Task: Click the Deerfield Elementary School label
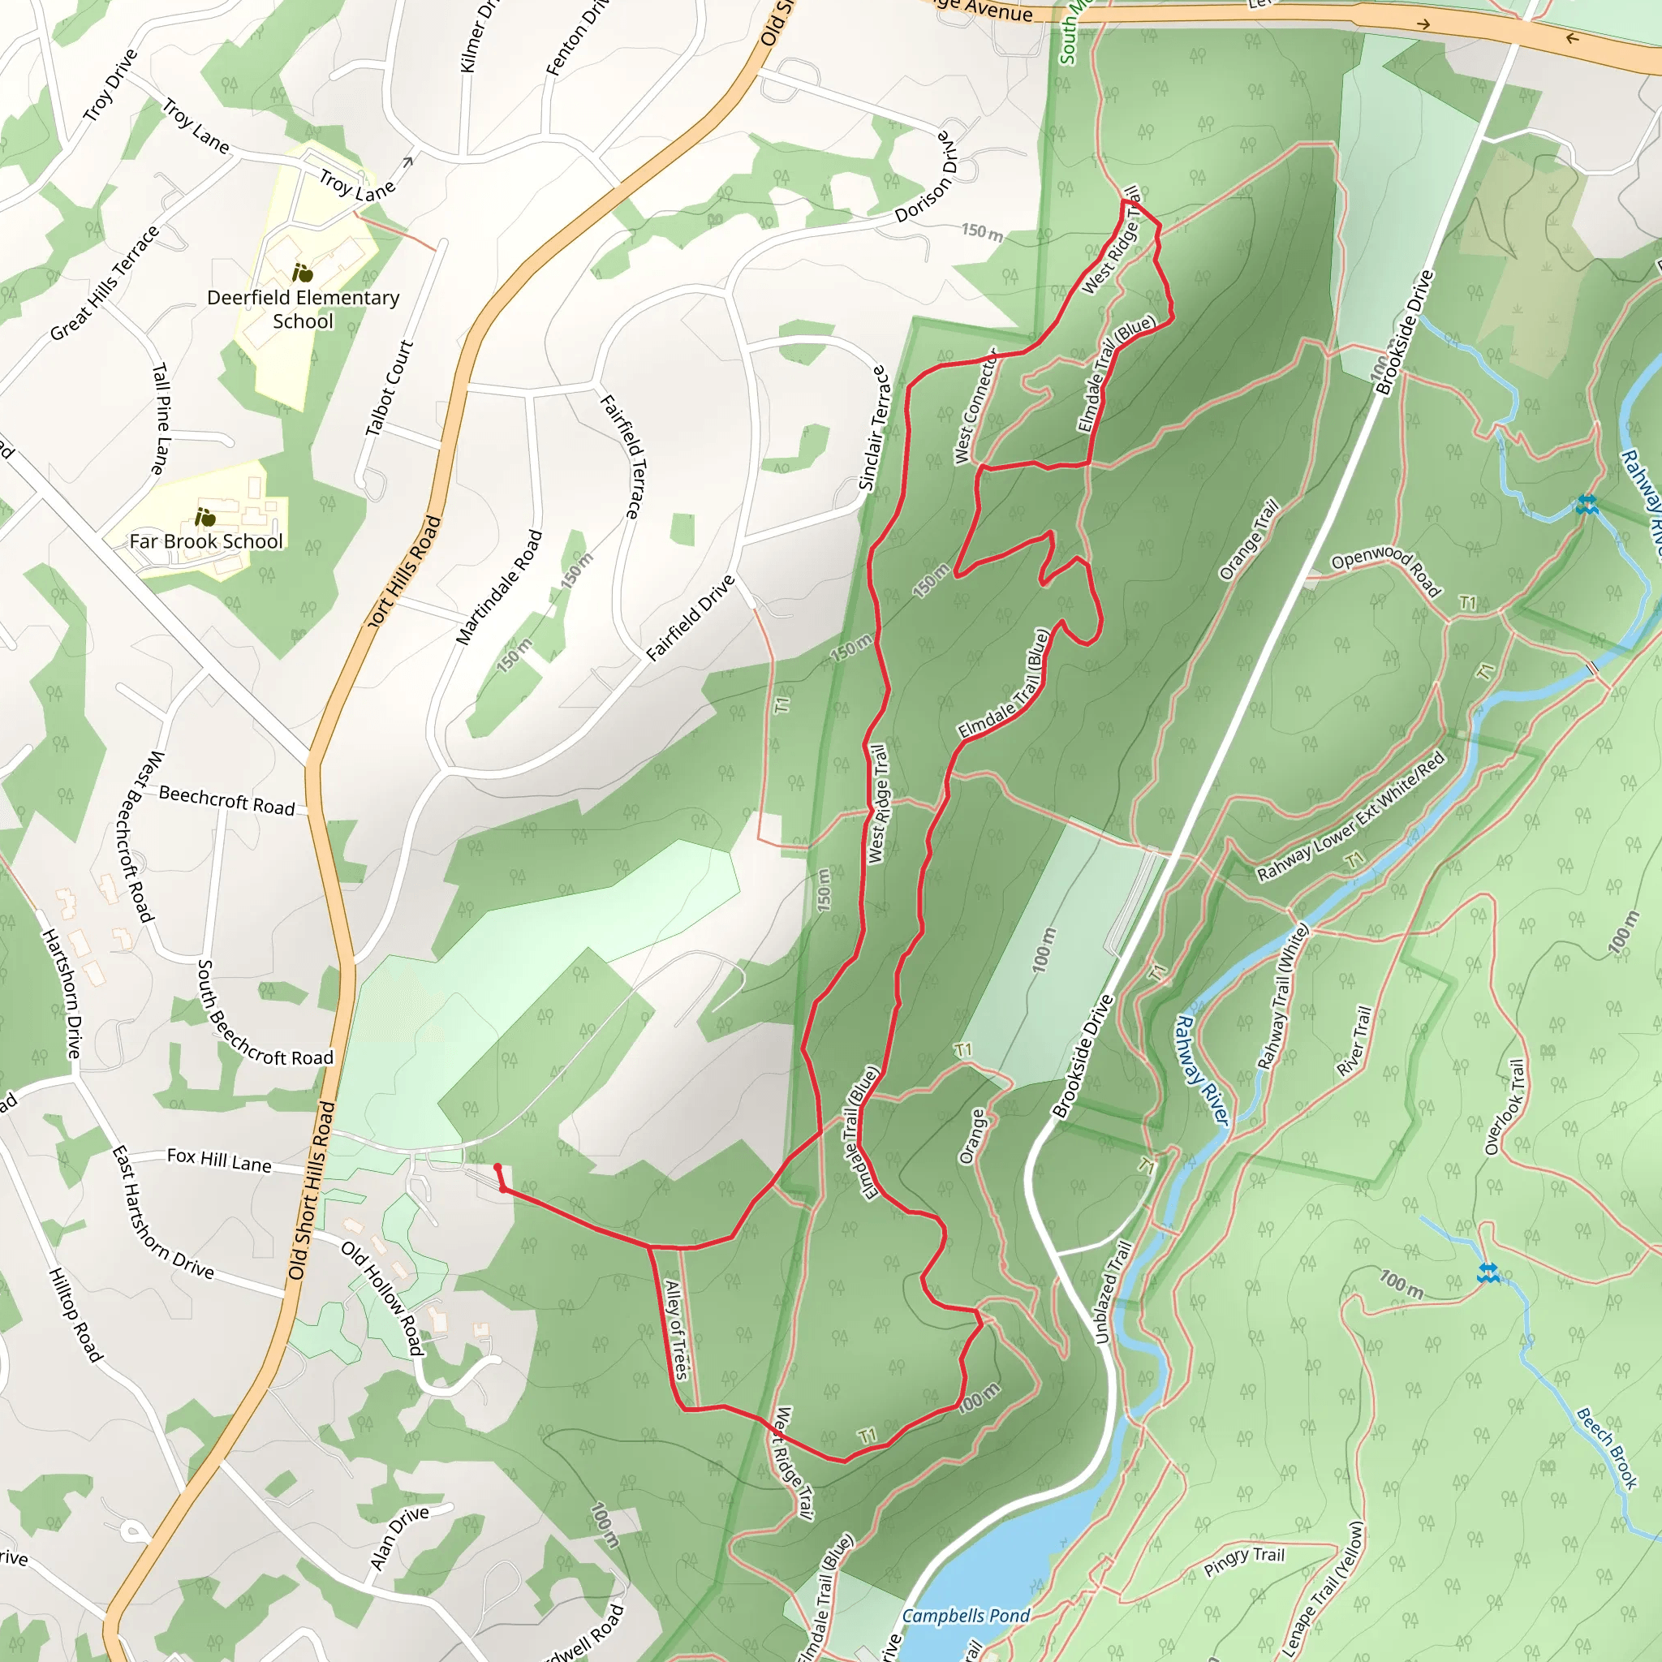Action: click(303, 309)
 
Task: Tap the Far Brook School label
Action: click(205, 541)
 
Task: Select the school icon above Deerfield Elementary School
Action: click(302, 273)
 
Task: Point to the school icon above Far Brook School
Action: click(205, 517)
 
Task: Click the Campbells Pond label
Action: click(966, 1616)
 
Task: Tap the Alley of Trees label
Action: click(677, 1330)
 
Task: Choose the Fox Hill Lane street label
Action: click(219, 1160)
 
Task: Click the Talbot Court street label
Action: click(390, 388)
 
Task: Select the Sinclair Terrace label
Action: click(872, 428)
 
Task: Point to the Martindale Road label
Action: click(500, 588)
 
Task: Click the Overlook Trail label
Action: click(1505, 1106)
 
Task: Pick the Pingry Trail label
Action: click(1244, 1561)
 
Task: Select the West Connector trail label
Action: click(975, 406)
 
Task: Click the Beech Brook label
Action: click(1607, 1447)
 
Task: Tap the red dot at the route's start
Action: click(497, 1167)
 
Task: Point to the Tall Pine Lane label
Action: click(161, 419)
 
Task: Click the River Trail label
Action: click(1355, 1041)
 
